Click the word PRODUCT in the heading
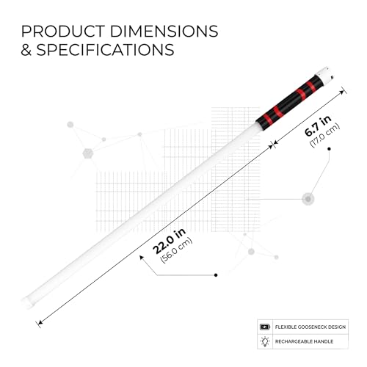(63, 32)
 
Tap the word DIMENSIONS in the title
(164, 32)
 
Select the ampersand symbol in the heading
(26, 50)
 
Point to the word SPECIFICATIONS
(105, 50)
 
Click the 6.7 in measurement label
(318, 126)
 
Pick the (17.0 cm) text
(324, 135)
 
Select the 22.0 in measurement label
(169, 241)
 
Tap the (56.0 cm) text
(176, 250)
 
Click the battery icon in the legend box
(265, 327)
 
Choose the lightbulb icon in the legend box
(265, 341)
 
